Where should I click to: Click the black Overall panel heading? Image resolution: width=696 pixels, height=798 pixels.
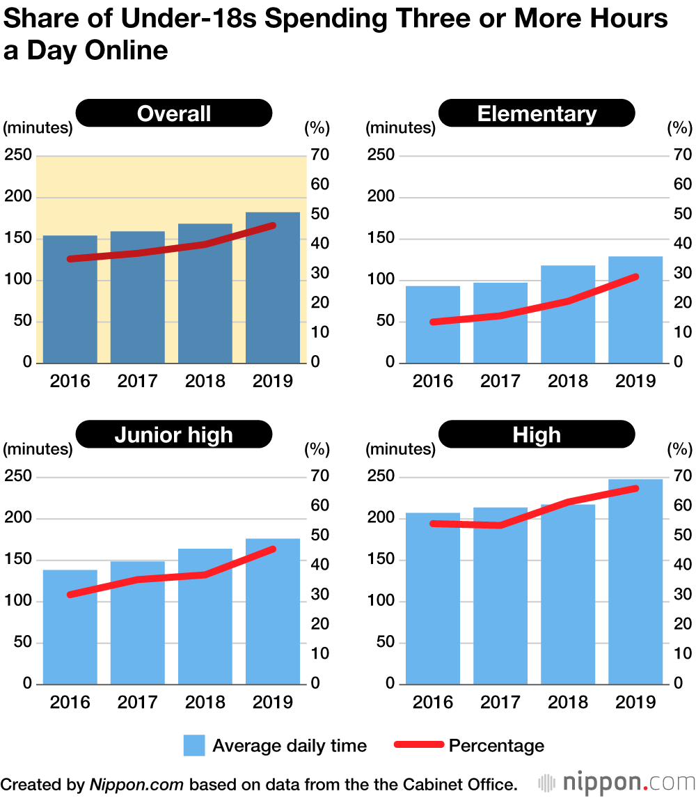click(174, 114)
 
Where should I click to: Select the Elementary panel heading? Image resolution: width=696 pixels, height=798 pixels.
click(537, 114)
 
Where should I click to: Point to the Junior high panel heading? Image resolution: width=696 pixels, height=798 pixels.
click(174, 435)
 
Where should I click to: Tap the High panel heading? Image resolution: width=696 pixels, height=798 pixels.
click(537, 435)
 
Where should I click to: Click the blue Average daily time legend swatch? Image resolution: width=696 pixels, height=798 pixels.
click(194, 746)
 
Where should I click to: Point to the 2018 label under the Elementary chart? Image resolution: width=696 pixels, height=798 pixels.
click(568, 381)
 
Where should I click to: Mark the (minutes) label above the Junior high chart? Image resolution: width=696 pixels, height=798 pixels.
click(38, 449)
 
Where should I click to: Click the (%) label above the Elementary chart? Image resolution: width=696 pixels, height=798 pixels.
click(679, 128)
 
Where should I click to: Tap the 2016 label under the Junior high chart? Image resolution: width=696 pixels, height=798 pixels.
click(70, 702)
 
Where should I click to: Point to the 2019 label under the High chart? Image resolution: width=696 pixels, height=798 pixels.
click(635, 702)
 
